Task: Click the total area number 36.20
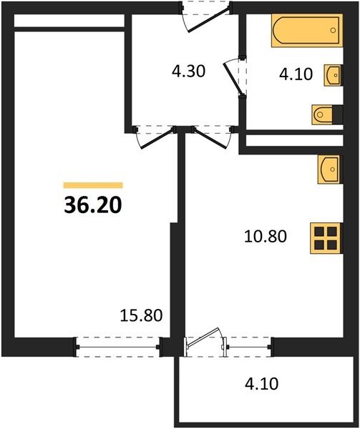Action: point(93,205)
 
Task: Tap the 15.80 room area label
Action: point(141,315)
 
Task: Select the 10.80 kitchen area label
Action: point(266,237)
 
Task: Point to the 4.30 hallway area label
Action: point(189,71)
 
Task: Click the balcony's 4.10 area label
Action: point(262,383)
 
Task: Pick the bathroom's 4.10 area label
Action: point(296,74)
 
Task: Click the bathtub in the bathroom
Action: point(307,30)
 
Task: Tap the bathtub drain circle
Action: point(333,30)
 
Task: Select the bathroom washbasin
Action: point(334,75)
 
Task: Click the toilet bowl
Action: point(323,114)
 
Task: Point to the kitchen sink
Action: point(330,169)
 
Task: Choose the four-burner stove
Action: point(326,238)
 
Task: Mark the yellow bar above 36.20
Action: point(93,185)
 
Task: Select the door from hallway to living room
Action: point(157,139)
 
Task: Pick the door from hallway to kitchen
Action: point(211,139)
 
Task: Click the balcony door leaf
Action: point(203,337)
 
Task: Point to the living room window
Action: point(117,347)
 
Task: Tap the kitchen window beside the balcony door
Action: point(248,347)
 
